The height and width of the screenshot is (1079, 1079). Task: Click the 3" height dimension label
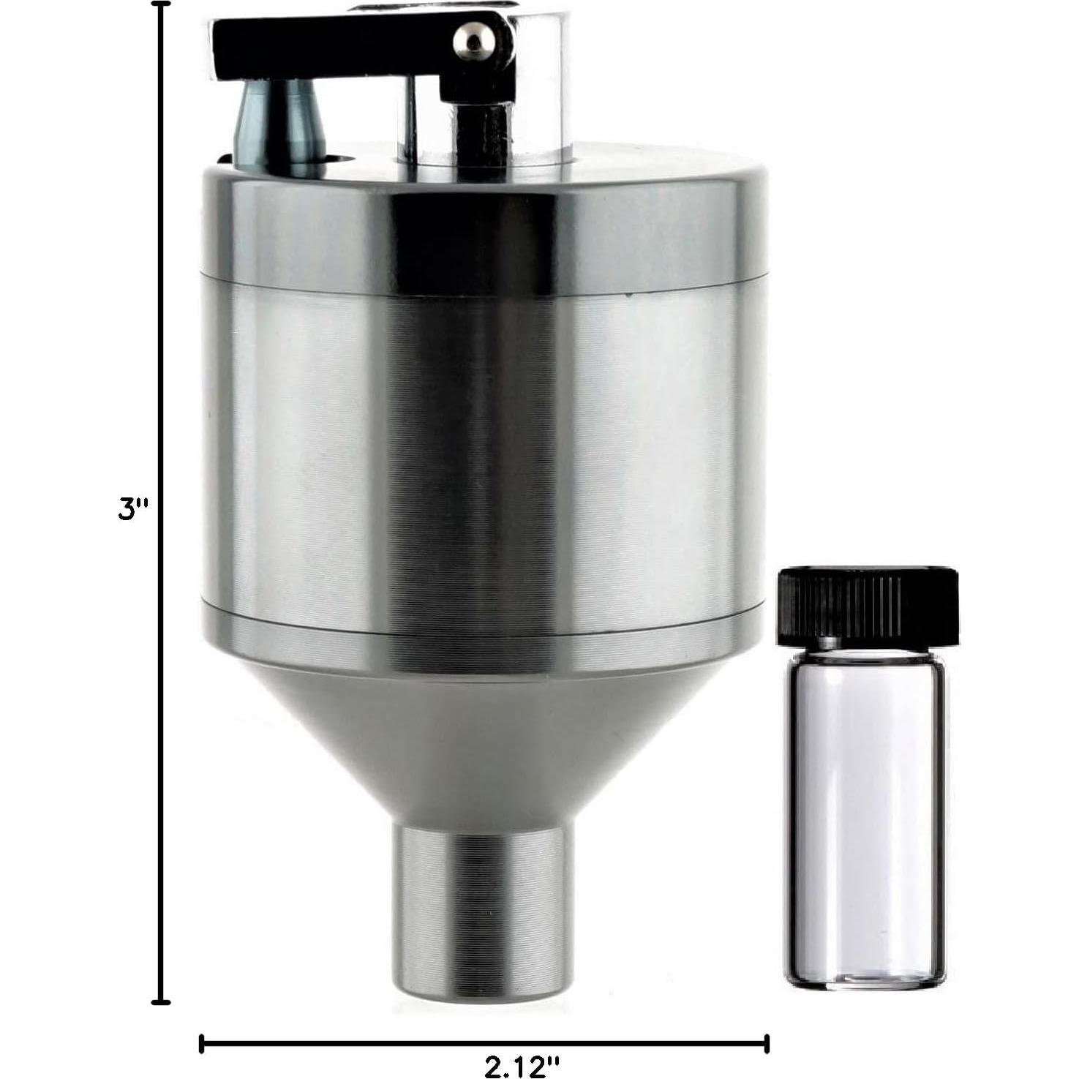(x=132, y=508)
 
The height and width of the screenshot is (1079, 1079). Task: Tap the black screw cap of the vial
(x=868, y=601)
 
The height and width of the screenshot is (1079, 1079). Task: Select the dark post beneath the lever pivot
(x=479, y=132)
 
